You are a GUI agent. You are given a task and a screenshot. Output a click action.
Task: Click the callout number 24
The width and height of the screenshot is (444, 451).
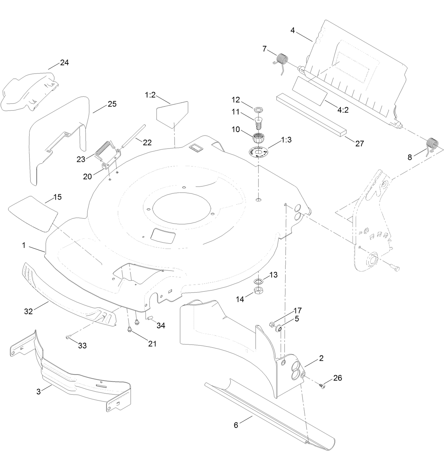64,63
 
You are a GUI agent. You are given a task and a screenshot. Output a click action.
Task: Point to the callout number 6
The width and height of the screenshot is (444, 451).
236,425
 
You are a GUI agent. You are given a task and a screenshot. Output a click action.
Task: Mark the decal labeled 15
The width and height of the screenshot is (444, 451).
33,213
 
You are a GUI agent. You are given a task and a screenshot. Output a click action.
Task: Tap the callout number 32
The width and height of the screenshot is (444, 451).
28,311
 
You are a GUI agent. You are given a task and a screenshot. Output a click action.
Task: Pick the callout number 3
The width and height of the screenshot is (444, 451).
39,391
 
